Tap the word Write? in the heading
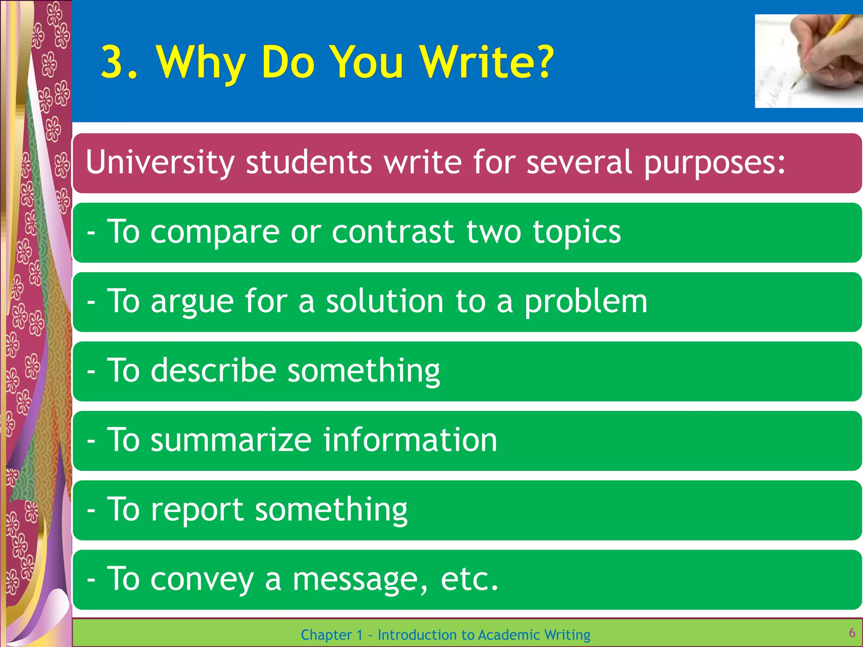coord(487,62)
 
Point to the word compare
coord(215,233)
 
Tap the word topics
coord(576,233)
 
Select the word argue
coord(192,302)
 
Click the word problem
coord(586,302)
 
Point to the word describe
coord(213,370)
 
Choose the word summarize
coord(231,440)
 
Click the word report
coord(197,510)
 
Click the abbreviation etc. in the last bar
coord(469,579)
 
